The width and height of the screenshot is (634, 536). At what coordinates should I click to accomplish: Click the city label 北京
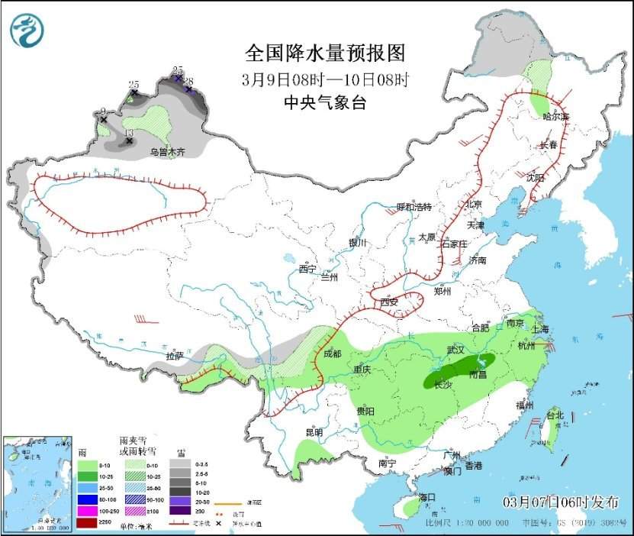tap(475, 205)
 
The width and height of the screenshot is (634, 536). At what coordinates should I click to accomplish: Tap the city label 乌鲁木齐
tap(167, 153)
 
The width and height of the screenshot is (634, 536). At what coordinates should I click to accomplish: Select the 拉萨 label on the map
tap(175, 356)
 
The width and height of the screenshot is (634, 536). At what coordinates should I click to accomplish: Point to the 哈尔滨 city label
tap(555, 117)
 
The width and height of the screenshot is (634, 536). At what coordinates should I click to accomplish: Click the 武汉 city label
tap(455, 350)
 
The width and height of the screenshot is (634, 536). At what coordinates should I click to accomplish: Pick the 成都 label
tap(333, 354)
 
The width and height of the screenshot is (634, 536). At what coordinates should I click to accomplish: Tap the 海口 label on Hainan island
tap(426, 498)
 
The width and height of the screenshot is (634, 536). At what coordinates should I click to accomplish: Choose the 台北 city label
tap(555, 416)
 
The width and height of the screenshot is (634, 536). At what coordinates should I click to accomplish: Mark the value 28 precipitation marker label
tap(188, 80)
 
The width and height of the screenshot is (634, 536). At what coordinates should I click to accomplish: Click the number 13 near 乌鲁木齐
tap(128, 132)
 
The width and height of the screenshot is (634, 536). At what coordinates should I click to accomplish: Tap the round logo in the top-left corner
tap(27, 31)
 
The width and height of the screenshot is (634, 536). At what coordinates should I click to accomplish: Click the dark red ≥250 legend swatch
tap(86, 522)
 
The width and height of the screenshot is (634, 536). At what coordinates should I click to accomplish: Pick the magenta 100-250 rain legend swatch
tap(86, 511)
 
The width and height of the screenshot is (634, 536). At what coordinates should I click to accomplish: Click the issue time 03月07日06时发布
tap(561, 501)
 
